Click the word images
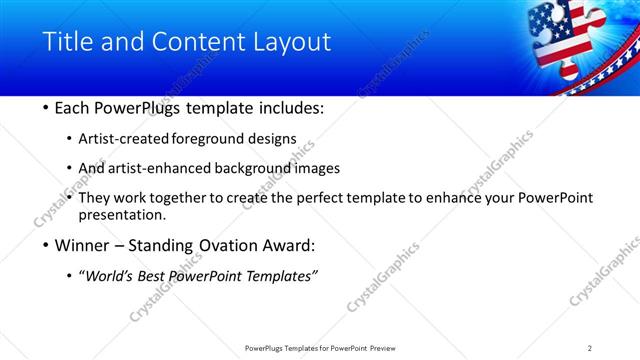click(x=317, y=168)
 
